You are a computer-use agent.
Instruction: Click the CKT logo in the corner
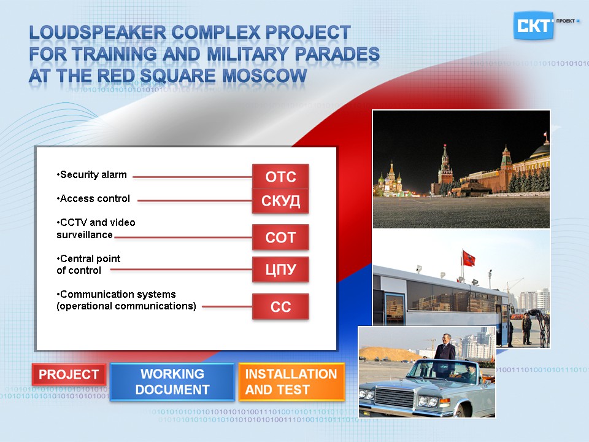533,26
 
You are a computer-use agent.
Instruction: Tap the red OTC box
280,176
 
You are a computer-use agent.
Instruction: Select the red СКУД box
280,201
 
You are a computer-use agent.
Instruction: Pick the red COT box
280,237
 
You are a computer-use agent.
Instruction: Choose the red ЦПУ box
280,269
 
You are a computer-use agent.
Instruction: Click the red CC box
280,307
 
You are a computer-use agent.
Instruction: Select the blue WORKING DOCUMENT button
172,382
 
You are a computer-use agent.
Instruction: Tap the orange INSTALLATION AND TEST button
291,382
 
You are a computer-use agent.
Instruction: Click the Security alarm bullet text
91,175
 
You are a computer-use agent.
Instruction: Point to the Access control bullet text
93,198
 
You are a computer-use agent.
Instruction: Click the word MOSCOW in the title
264,76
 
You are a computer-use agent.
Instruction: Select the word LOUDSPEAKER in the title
98,33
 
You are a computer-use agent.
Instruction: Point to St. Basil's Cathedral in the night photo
391,180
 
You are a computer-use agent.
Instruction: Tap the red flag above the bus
468,258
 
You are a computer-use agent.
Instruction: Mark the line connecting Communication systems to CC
227,307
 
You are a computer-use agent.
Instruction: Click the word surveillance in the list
85,235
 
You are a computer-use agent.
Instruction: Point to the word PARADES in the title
337,54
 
